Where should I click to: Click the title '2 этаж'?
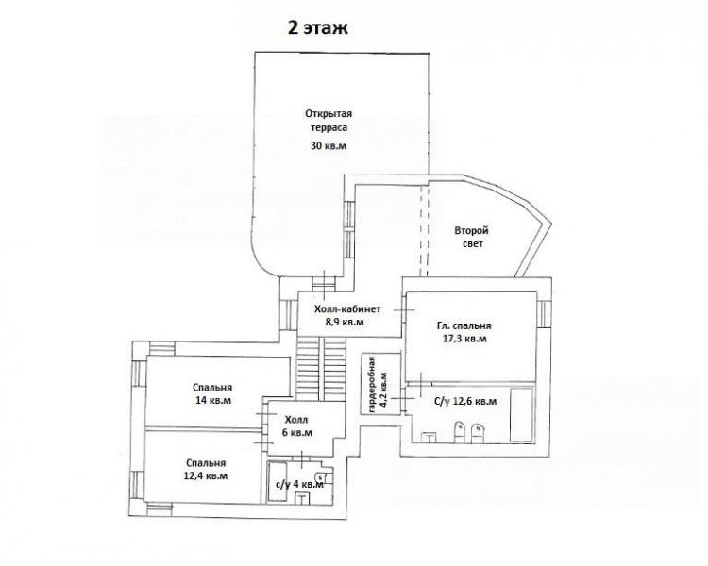point(318,28)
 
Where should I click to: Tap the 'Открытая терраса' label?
point(329,121)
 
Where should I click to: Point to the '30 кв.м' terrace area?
point(329,146)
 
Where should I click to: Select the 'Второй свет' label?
point(471,237)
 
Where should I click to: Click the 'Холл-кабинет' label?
point(347,309)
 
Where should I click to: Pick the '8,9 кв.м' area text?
point(345,323)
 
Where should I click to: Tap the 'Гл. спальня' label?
point(464,325)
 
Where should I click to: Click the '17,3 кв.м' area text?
point(464,339)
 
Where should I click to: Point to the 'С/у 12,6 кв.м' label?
point(465,401)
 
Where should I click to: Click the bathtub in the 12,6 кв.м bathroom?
point(521,414)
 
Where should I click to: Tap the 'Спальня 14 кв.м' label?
point(212,393)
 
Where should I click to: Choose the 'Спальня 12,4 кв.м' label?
point(206,470)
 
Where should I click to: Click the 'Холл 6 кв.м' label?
point(296,426)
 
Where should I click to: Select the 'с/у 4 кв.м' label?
point(299,484)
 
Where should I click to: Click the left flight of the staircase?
point(308,368)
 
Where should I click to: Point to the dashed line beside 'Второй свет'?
point(424,229)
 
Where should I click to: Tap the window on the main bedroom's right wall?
point(544,314)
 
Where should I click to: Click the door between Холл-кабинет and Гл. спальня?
point(404,309)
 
